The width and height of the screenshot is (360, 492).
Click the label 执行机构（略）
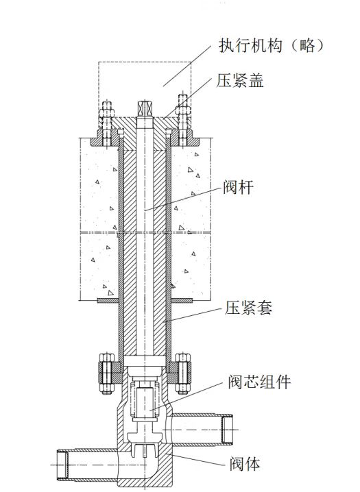(x=271, y=46)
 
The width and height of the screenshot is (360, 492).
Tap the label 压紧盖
(x=240, y=80)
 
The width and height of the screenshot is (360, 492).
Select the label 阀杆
(x=238, y=187)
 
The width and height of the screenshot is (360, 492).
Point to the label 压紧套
(x=248, y=308)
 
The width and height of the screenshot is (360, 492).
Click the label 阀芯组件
(x=260, y=382)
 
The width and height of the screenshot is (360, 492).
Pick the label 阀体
(x=245, y=464)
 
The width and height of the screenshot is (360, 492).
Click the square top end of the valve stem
(x=145, y=108)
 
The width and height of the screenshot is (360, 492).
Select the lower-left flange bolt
(x=107, y=373)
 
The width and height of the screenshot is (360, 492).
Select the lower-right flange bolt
(x=182, y=373)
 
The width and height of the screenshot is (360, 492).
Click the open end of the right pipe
(x=227, y=429)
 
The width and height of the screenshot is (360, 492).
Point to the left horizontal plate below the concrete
(x=108, y=300)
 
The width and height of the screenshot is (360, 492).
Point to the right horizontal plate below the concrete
(x=182, y=300)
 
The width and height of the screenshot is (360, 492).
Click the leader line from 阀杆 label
(x=184, y=199)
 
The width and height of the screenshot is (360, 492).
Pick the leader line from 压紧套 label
(x=194, y=315)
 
